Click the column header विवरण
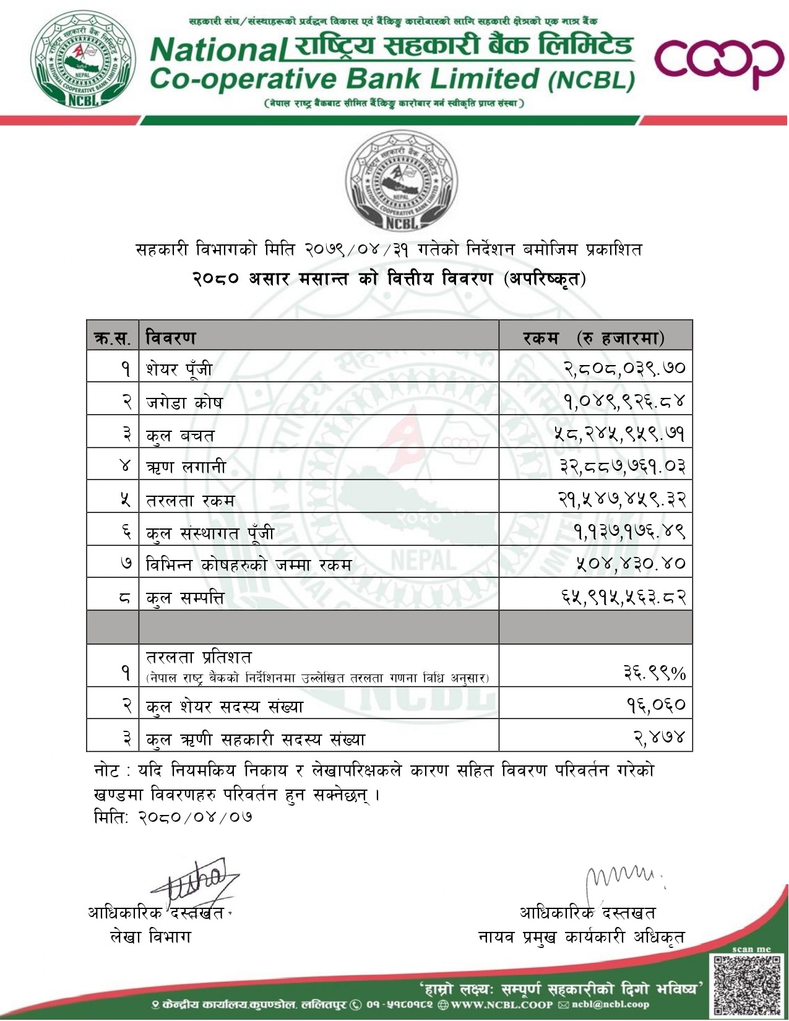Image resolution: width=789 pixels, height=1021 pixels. tap(171, 338)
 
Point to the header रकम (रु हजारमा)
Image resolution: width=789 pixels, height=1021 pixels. tap(593, 338)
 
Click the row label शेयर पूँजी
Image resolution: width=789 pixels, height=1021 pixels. tap(179, 369)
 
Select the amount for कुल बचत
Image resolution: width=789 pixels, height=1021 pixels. tap(619, 434)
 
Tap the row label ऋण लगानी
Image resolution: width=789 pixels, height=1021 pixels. tap(186, 467)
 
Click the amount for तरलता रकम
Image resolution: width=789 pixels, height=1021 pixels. tap(621, 499)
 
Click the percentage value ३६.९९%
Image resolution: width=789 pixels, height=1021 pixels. tap(654, 673)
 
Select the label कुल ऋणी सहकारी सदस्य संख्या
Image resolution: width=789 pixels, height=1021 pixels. tap(256, 739)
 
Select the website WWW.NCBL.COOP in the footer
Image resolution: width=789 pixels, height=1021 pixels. tap(501, 1004)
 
